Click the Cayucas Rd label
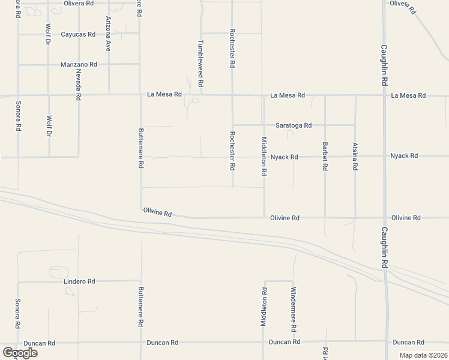click(78, 34)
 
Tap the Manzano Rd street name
click(79, 64)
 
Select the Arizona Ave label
click(109, 34)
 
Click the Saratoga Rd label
click(294, 125)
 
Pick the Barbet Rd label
click(325, 156)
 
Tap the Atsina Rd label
click(355, 156)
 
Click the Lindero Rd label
click(79, 281)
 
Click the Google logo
click(20, 353)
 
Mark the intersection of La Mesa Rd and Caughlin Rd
click(385, 95)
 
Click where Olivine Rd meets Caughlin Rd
click(385, 218)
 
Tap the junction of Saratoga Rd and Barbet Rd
click(325, 125)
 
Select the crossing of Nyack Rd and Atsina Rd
click(355, 157)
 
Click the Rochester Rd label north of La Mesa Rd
click(232, 46)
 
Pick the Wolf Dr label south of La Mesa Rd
click(49, 127)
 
